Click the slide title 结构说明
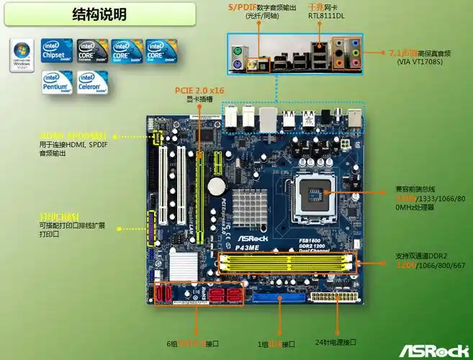click(x=99, y=14)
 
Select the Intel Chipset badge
click(x=57, y=50)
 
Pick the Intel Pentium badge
click(x=57, y=83)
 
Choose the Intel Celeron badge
click(x=91, y=83)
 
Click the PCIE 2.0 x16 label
click(x=199, y=90)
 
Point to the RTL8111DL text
click(x=326, y=15)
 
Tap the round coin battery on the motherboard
click(x=215, y=186)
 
